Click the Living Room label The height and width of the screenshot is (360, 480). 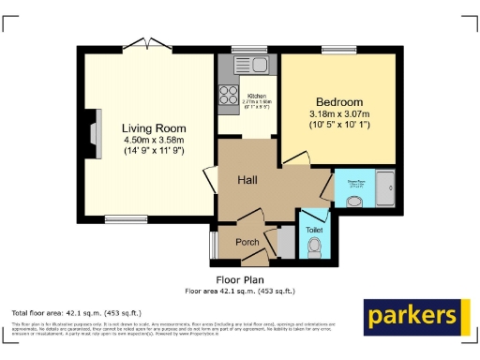[154, 128]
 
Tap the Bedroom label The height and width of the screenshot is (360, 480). [338, 102]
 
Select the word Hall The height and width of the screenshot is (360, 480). [247, 179]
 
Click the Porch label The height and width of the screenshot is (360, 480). [247, 242]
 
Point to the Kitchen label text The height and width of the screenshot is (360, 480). [257, 96]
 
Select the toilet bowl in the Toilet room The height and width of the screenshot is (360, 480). [314, 247]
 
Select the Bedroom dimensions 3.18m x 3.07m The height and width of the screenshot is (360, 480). [338, 115]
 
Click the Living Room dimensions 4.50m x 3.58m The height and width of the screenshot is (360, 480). [154, 141]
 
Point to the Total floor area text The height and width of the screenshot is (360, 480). [76, 312]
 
